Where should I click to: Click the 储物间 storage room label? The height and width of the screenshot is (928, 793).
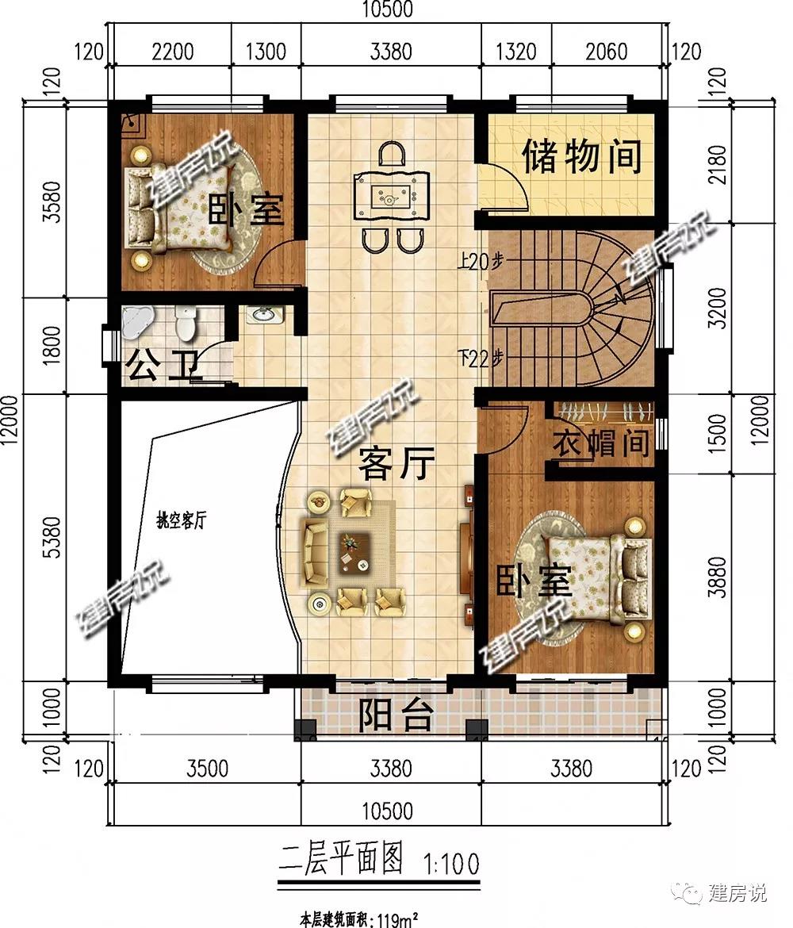[x=582, y=156]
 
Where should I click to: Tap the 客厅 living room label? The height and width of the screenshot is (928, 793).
[x=396, y=463]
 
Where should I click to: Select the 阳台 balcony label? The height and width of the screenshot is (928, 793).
[x=396, y=715]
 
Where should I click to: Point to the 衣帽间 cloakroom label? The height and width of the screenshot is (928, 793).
[x=600, y=442]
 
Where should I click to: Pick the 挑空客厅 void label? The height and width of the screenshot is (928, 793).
[x=181, y=520]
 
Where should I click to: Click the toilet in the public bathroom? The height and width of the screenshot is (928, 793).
[x=186, y=322]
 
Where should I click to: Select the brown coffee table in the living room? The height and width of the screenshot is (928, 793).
[x=354, y=553]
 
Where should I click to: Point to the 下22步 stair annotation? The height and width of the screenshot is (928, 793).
[x=482, y=358]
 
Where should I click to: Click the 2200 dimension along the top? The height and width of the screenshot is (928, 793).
[x=172, y=52]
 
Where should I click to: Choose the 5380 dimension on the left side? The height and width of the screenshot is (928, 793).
[x=52, y=537]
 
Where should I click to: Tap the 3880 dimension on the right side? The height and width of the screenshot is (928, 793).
[x=717, y=577]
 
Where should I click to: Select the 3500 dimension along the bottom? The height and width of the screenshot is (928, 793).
[x=207, y=769]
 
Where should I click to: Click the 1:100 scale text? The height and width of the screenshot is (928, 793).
[x=451, y=864]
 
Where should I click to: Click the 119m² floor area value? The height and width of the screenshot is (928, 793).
[x=394, y=919]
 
